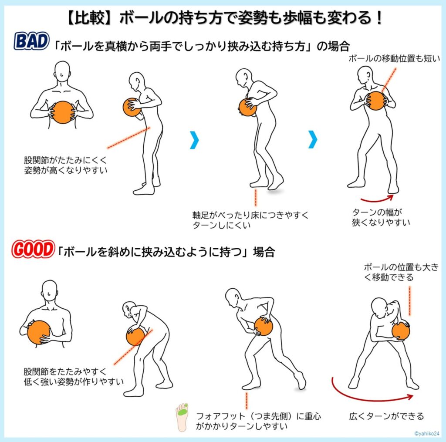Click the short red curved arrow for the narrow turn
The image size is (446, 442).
click(x=377, y=200)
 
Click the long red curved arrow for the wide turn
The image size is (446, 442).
click(x=370, y=392)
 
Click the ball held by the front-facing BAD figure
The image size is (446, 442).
click(x=62, y=112)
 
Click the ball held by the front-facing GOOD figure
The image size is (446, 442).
click(x=39, y=332)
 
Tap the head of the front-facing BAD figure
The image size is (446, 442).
click(x=62, y=71)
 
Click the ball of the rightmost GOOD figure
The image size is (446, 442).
click(x=400, y=331)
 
